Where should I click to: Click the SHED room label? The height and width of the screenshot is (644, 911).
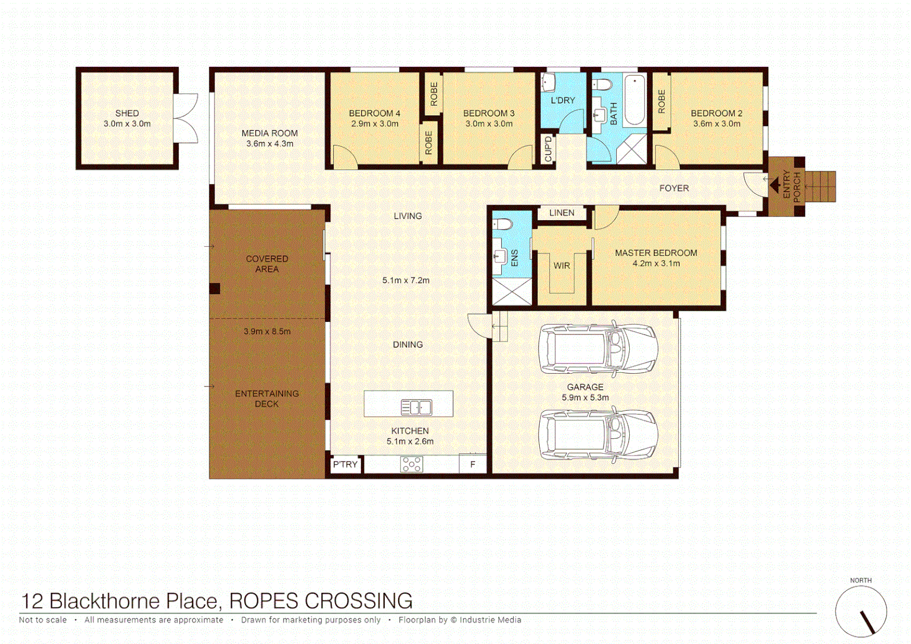coord(127,113)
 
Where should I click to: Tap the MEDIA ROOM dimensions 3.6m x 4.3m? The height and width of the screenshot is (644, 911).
coord(269,144)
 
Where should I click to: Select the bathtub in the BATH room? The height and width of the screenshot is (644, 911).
coord(635,100)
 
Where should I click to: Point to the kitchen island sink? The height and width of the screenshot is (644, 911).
coord(416,407)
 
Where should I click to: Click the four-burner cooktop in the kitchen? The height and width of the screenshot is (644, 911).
coord(411,464)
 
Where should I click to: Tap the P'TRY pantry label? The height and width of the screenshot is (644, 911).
coord(345,465)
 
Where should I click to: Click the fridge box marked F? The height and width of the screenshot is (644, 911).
coord(473,465)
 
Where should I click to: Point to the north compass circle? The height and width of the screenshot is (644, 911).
coord(860,611)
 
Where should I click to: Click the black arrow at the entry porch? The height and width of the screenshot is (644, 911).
coord(775,185)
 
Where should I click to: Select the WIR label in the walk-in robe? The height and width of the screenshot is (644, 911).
coord(561,266)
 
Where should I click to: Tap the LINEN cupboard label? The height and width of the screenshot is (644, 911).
coord(561,213)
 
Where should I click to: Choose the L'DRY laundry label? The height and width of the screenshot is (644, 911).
coord(562,100)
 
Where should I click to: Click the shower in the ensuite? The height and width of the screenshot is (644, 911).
coord(512,292)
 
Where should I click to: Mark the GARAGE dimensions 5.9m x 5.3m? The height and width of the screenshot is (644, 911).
coord(585,398)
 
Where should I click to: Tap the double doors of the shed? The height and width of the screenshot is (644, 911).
coord(186,118)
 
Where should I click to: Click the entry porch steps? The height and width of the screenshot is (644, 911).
coord(821,186)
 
